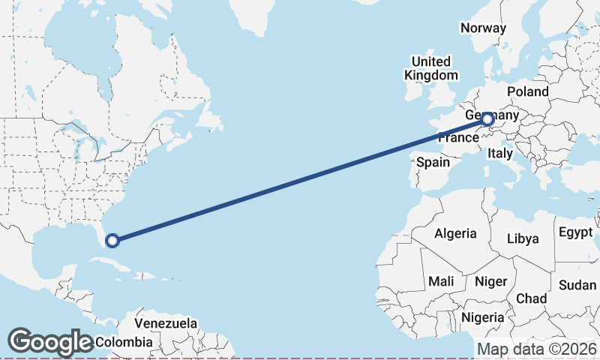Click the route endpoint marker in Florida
112,241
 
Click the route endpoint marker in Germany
487,118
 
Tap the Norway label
483,28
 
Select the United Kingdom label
430,68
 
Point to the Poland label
527,91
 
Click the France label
457,139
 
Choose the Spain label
433,162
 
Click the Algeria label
455,233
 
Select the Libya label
523,238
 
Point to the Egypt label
576,232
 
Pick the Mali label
441,281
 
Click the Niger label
491,281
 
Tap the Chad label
531,298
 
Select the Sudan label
577,285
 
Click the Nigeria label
482,317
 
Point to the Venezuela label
166,324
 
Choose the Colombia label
124,342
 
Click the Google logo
49,342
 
